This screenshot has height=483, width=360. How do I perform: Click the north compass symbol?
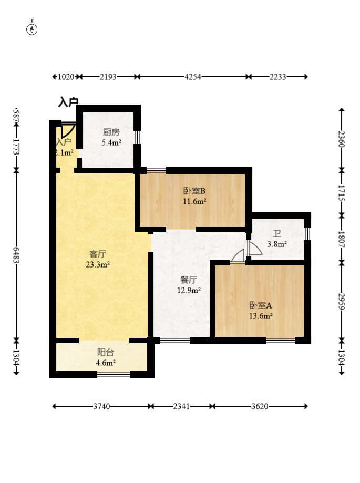click(x=32, y=29)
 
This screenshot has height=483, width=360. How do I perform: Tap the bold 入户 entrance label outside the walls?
click(x=68, y=102)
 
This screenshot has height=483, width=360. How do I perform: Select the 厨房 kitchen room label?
click(x=111, y=132)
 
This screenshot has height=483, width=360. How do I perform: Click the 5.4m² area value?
click(x=111, y=142)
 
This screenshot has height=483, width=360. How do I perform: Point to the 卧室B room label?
click(x=194, y=191)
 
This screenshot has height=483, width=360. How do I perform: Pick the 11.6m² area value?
click(x=194, y=201)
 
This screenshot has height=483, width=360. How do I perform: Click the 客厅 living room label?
click(x=98, y=254)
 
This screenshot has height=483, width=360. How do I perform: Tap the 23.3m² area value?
click(x=98, y=264)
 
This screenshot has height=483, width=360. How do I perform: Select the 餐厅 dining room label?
click(x=189, y=280)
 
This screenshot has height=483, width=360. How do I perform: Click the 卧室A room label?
click(x=261, y=305)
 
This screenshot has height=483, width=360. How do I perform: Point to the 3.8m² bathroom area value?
click(x=277, y=244)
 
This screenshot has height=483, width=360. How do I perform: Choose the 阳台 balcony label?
click(x=106, y=352)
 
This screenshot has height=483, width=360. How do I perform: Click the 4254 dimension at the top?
click(x=193, y=77)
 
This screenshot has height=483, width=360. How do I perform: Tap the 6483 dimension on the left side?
click(x=16, y=255)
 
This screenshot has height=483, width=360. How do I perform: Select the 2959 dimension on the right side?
click(x=342, y=302)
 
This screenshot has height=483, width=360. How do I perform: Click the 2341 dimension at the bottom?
click(x=181, y=407)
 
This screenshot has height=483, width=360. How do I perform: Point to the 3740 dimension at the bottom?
click(x=101, y=407)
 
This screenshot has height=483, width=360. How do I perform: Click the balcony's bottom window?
click(x=114, y=375)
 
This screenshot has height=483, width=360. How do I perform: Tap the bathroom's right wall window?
click(x=307, y=234)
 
